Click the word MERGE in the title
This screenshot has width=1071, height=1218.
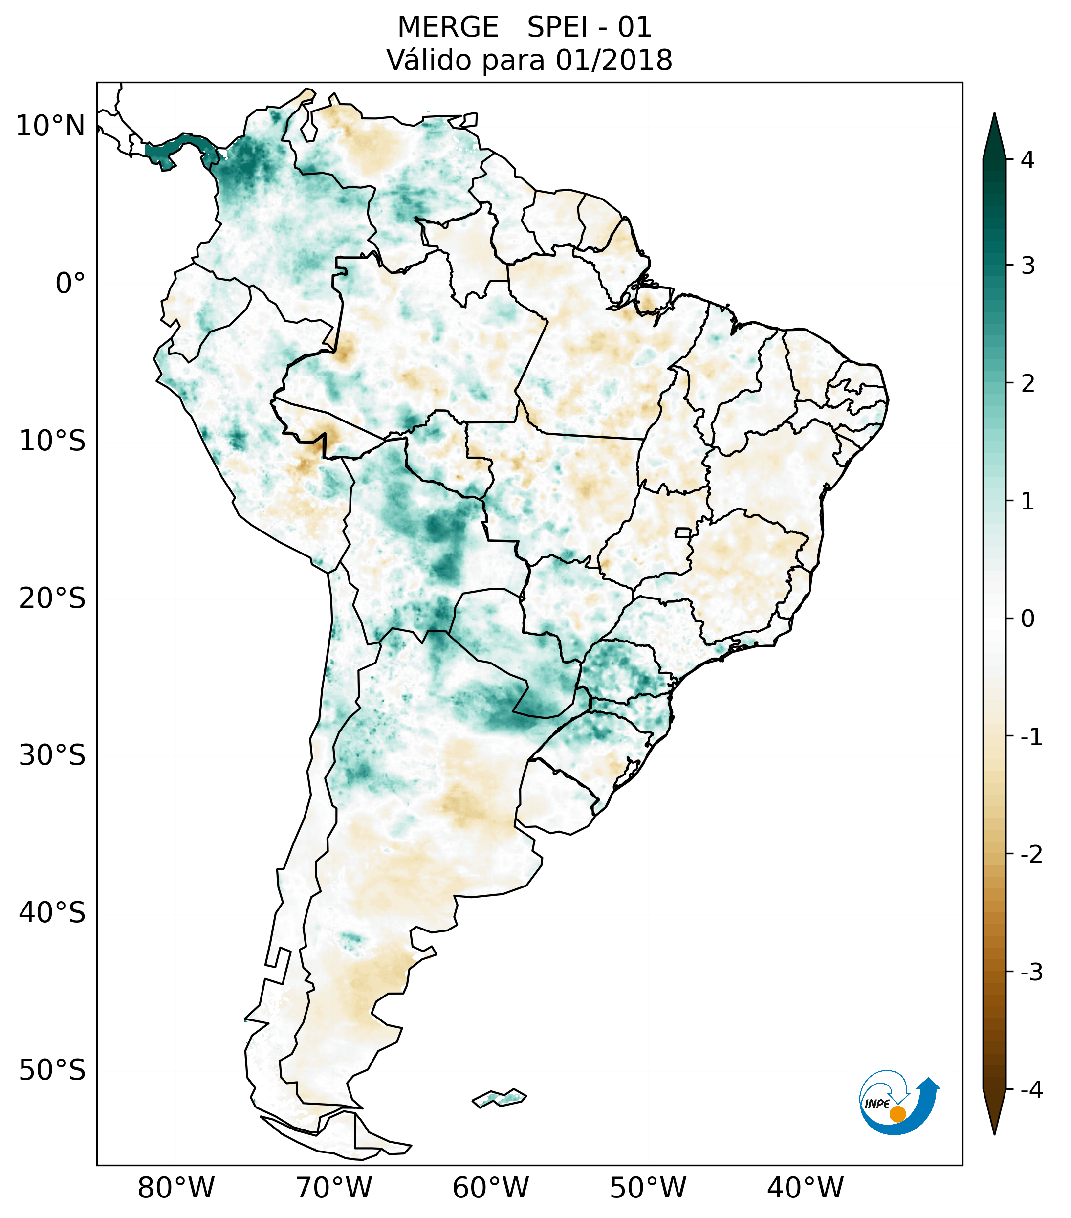[448, 27]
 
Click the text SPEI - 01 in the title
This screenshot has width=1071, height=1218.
[589, 27]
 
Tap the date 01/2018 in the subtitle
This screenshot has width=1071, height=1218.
[613, 60]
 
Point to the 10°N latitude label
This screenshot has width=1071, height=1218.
[51, 126]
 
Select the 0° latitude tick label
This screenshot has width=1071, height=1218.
[70, 284]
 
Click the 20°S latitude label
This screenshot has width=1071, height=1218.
[52, 598]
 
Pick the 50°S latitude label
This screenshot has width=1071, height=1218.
[52, 1071]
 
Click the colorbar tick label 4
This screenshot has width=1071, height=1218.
[1027, 160]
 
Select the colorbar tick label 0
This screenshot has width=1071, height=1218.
[1027, 619]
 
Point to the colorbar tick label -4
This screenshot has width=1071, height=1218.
[1031, 1090]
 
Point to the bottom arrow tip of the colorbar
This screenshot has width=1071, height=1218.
[994, 1133]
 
